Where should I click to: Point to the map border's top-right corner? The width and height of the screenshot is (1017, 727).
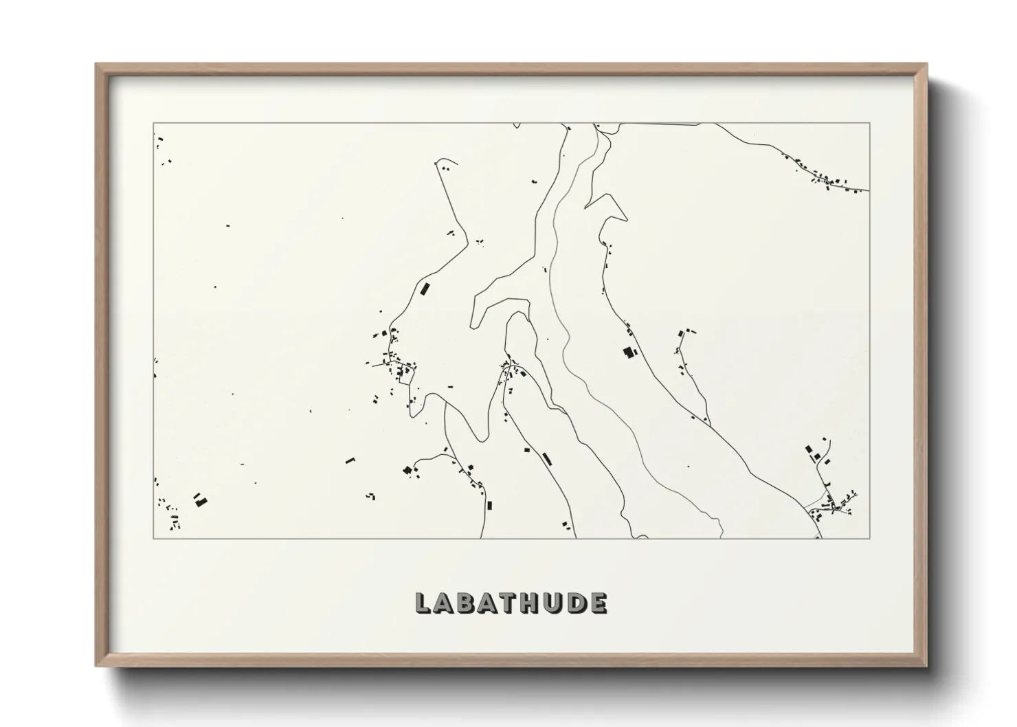coord(870,123)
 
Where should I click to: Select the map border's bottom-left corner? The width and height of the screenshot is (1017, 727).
coord(153,539)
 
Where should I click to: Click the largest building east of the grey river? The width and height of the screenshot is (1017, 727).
coord(627,353)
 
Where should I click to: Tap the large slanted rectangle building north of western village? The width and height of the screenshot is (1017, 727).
coord(425,289)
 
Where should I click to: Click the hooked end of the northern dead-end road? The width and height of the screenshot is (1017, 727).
coord(438,163)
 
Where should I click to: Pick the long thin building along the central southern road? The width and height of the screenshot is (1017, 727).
coord(547,458)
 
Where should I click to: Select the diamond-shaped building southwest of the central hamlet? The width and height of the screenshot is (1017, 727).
coord(407,470)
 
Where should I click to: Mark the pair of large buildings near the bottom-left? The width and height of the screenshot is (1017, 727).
coord(199,500)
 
